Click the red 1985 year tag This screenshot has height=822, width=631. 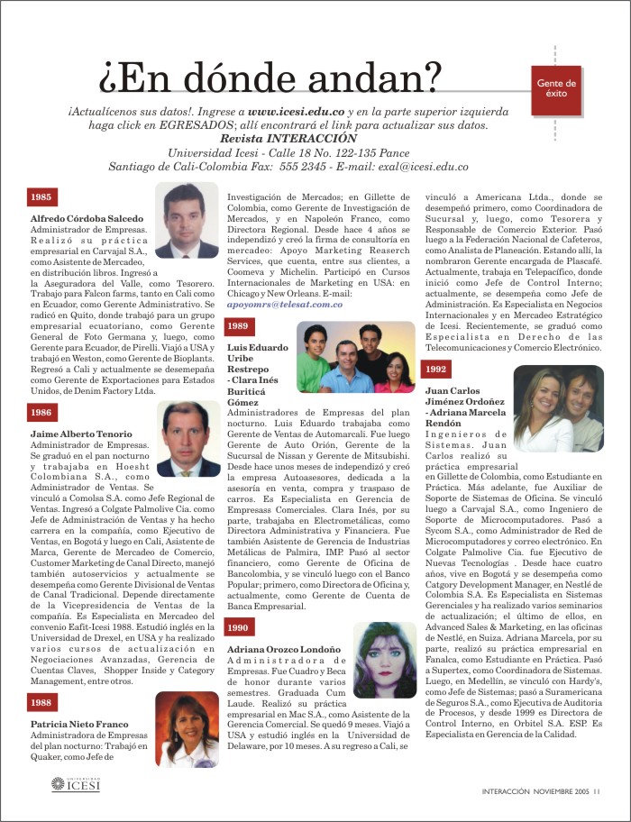tap(41, 196)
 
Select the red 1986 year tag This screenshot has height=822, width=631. tap(41, 412)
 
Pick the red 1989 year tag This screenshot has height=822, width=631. tap(238, 326)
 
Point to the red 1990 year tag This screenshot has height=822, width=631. tap(238, 601)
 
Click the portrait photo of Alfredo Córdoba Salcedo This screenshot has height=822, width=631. tap(187, 220)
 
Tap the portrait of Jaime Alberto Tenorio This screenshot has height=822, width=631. tap(190, 439)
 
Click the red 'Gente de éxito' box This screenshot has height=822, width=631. tap(557, 88)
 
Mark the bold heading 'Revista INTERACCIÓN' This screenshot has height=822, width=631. tap(288, 139)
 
